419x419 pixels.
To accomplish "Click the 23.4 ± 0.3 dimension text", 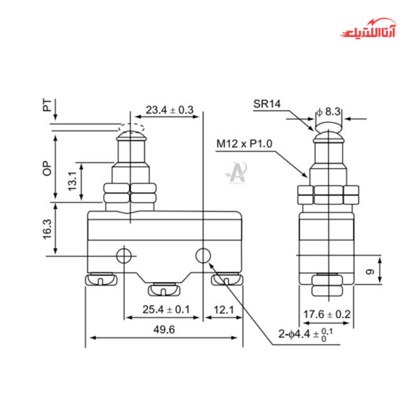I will click(169, 110).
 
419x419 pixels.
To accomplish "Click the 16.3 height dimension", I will click(45, 230).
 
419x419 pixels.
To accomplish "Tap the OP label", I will click(46, 169).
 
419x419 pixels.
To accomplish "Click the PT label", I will click(46, 107).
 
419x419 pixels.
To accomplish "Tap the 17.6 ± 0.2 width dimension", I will click(326, 314).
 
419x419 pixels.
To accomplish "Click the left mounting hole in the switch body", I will click(124, 256).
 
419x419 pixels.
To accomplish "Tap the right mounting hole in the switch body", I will click(203, 256).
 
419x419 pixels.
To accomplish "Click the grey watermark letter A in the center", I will click(236, 170).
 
